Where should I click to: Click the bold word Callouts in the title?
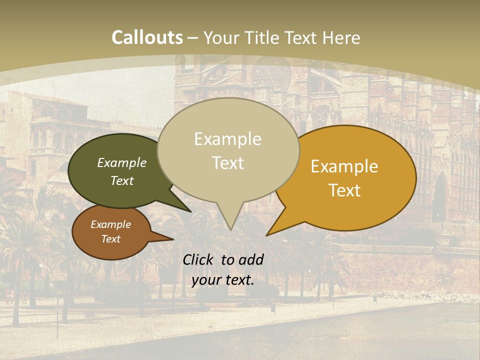click(147, 37)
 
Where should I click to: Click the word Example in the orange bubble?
click(344, 166)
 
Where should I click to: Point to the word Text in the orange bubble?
click(344, 190)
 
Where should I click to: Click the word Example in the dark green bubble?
click(122, 162)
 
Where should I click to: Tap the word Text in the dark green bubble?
click(122, 180)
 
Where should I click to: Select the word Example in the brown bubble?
click(110, 224)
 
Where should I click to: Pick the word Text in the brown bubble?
click(110, 239)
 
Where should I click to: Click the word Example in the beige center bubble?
click(227, 139)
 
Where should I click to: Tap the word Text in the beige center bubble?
click(227, 163)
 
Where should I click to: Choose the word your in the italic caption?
click(206, 280)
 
